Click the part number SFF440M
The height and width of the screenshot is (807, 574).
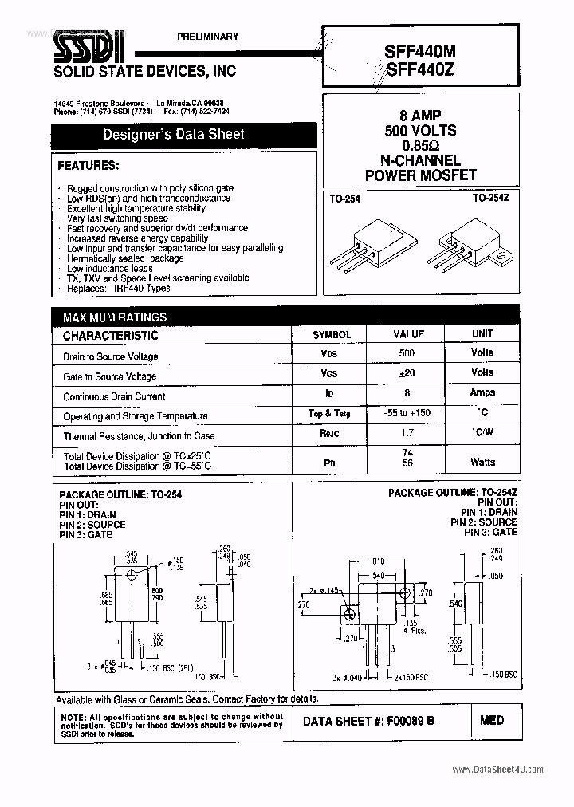pos(422,49)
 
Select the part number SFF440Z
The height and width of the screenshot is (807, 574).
pos(422,70)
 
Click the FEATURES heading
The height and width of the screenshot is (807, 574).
pos(88,166)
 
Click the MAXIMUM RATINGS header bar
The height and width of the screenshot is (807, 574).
pos(115,317)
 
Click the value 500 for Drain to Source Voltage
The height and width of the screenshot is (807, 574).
pos(407,352)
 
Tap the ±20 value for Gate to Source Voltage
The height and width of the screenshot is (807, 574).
pos(407,372)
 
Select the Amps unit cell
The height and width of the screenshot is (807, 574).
pos(482,392)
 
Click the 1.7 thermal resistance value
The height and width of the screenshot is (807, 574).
pos(407,433)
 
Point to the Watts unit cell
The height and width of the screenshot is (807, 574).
pos(482,462)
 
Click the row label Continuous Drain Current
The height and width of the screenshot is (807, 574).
pos(114,396)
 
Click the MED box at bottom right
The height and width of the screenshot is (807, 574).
pos(492,720)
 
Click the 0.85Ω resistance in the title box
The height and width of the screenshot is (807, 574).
pos(421,145)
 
